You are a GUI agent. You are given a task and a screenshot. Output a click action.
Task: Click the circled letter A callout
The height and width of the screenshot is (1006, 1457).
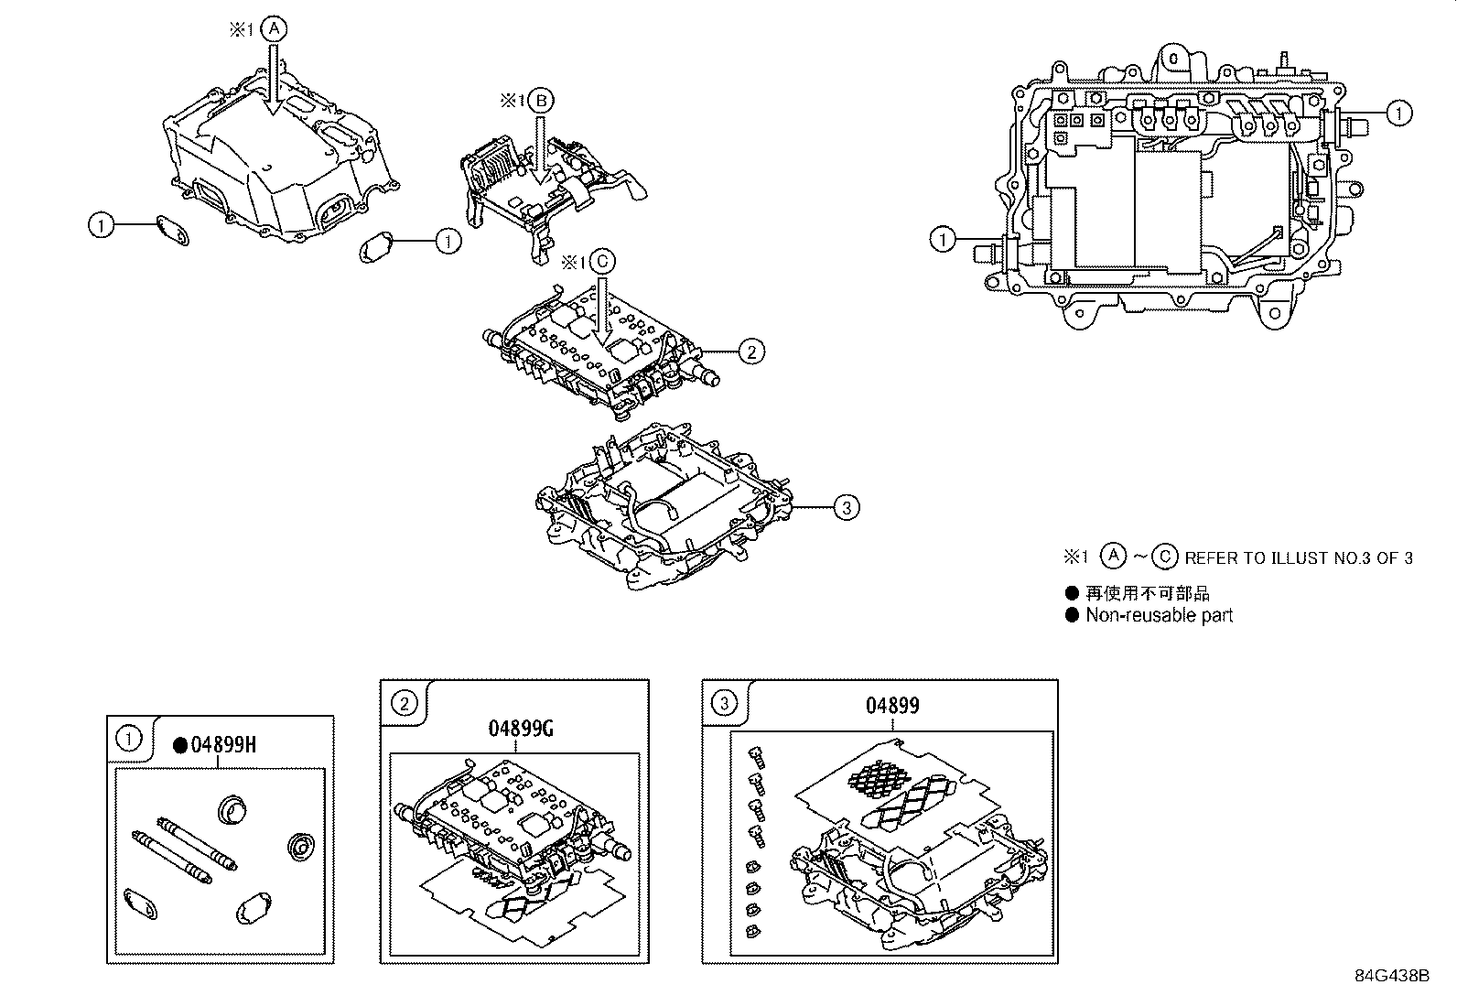(274, 29)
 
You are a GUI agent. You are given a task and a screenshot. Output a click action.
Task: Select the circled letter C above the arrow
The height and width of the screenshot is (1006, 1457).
(600, 262)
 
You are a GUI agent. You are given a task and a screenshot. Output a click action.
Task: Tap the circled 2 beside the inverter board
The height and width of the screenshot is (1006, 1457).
(750, 350)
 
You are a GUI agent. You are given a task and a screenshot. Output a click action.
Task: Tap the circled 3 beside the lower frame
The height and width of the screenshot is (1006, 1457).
(847, 506)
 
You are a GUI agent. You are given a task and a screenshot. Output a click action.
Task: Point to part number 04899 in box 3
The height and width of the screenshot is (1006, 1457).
(892, 706)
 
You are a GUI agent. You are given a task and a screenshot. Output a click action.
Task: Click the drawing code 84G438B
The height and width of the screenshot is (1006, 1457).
(1391, 976)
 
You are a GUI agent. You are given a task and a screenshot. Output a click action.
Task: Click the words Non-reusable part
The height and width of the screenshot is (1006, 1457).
(1159, 616)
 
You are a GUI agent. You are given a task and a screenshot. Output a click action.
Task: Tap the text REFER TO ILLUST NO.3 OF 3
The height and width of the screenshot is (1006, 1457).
(1298, 557)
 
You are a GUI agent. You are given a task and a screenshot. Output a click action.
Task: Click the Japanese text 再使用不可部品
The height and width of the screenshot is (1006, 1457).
(1147, 593)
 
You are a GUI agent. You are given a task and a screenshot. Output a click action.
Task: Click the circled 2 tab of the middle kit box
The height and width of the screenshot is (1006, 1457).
(404, 703)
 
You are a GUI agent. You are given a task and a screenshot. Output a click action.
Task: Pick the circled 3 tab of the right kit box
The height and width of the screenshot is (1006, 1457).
(724, 703)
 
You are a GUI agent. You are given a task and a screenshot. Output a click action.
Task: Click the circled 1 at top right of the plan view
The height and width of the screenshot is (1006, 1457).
(1398, 113)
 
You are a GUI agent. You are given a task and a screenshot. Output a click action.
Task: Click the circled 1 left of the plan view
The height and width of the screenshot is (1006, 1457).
(942, 240)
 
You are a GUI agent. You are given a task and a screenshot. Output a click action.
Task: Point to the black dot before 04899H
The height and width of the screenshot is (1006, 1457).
(180, 745)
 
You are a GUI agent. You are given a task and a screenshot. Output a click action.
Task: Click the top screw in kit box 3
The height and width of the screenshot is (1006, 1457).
(756, 753)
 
